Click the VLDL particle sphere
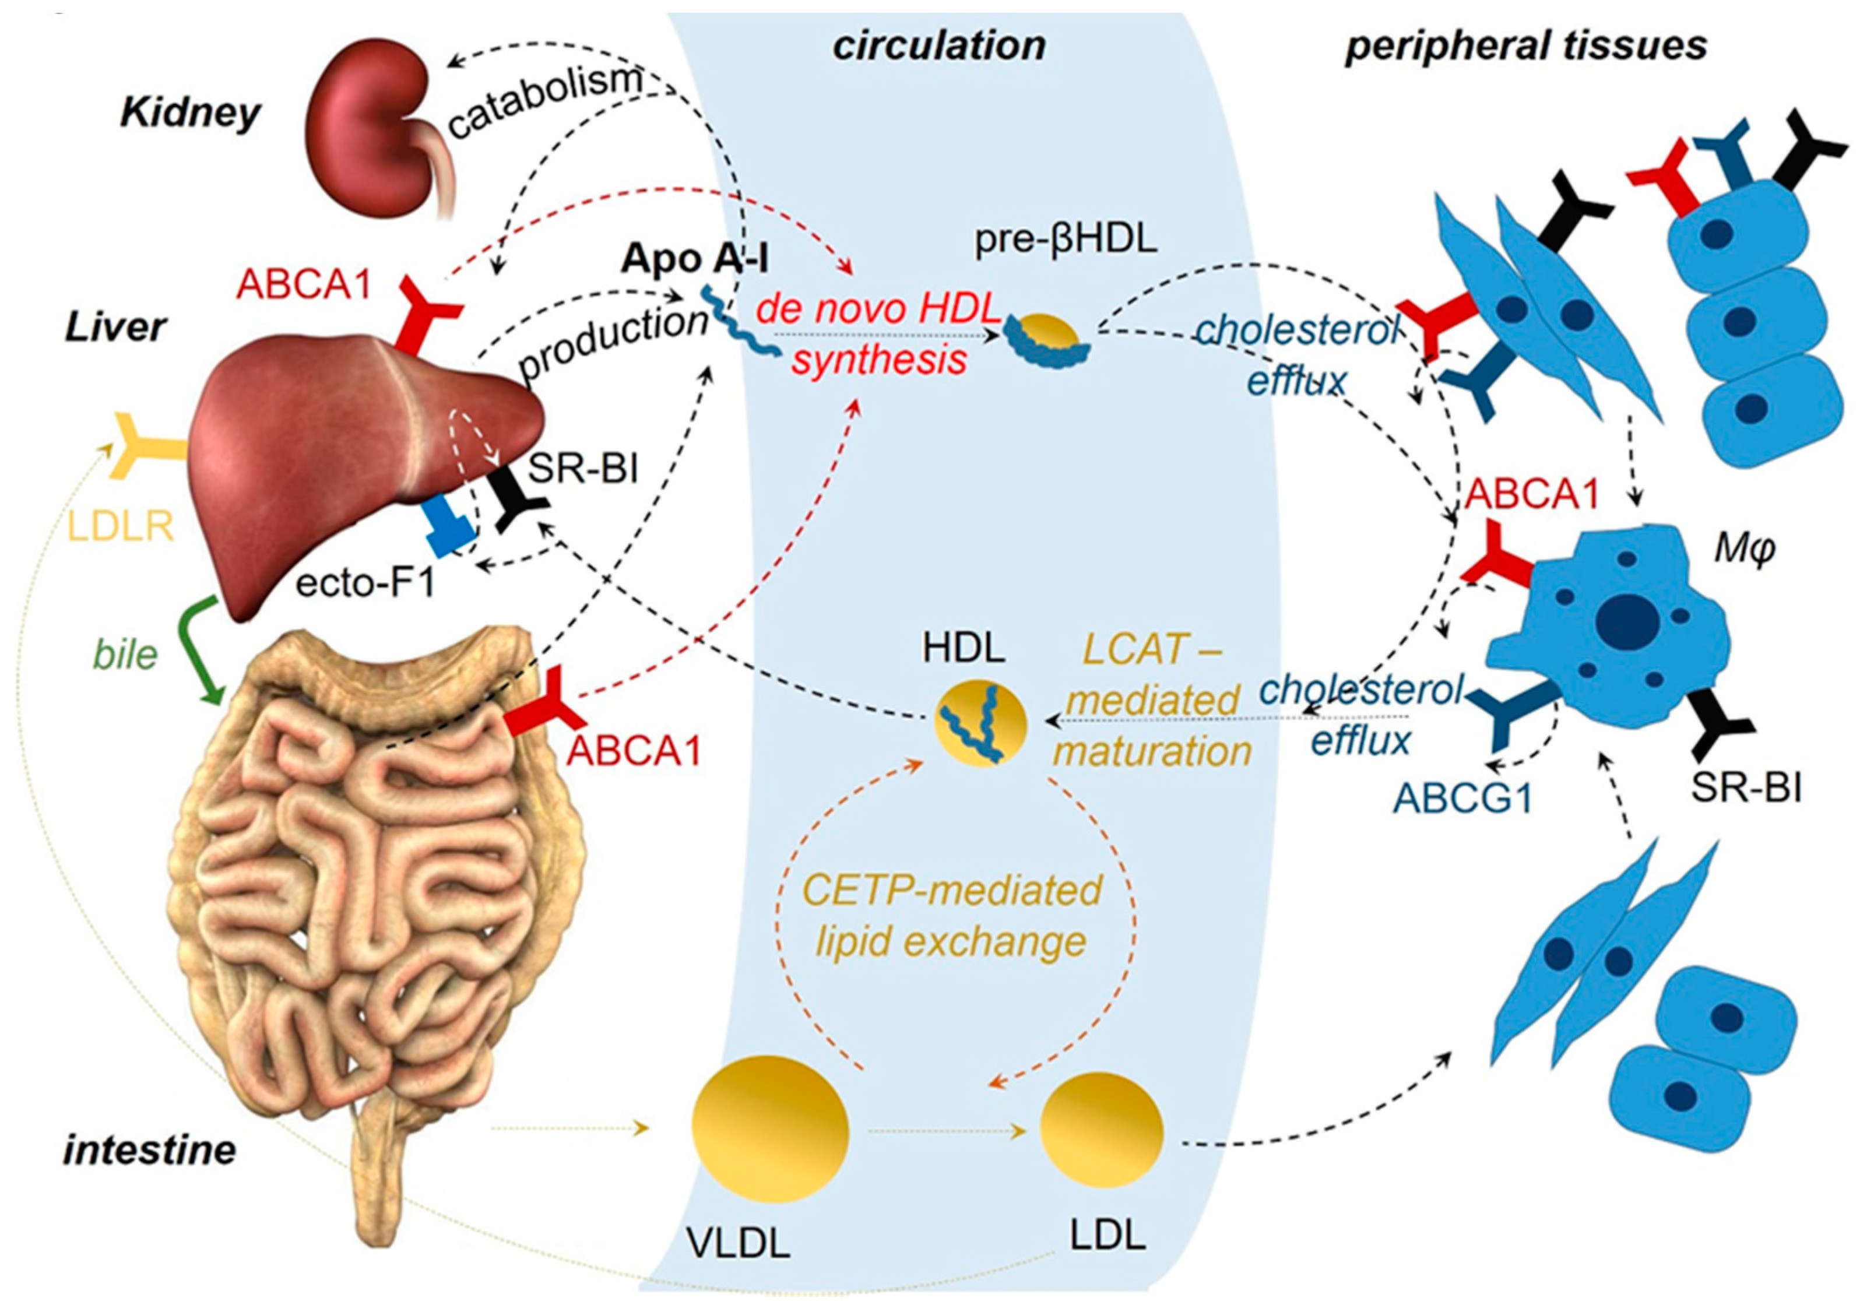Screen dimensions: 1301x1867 tap(769, 1128)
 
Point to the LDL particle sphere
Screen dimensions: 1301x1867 tap(1102, 1130)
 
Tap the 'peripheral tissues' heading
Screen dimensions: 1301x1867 tap(1525, 47)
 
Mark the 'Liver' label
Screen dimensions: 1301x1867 tap(115, 328)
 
